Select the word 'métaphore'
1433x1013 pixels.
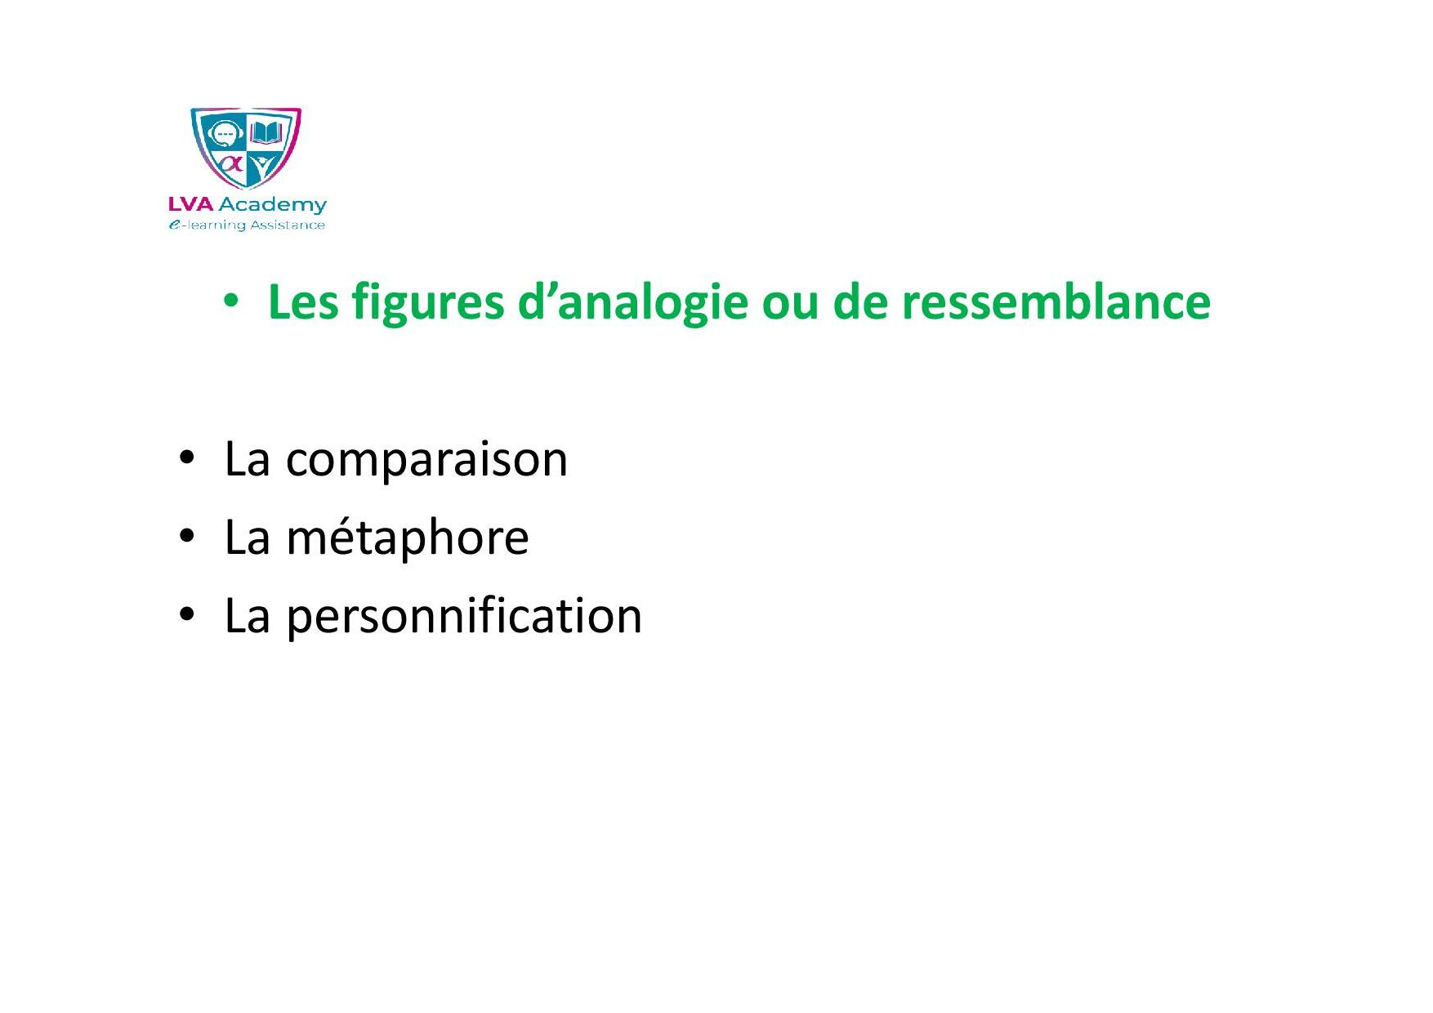408,538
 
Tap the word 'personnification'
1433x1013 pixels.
464,617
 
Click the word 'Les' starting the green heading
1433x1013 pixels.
303,301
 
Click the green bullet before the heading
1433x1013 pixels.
231,301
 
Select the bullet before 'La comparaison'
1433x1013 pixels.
187,457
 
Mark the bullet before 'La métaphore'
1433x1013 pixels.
187,536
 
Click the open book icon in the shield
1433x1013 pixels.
266,132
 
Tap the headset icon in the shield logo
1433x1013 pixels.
223,134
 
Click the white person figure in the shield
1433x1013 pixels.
261,167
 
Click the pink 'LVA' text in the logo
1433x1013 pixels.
190,204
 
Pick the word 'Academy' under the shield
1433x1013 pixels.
272,205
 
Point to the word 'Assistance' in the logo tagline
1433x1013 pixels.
288,225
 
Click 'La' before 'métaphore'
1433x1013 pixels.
247,538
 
